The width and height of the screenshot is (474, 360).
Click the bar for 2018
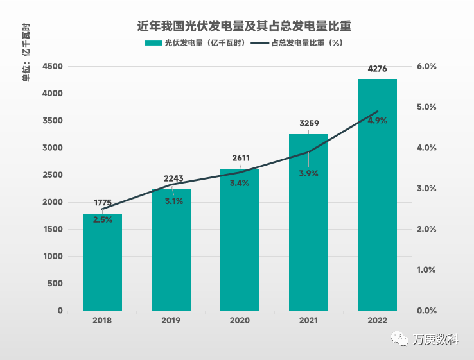tap(102, 262)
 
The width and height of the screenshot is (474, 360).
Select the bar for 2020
tap(240, 240)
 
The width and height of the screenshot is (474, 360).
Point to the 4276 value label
tap(377, 69)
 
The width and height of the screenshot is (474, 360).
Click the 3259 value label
tap(309, 123)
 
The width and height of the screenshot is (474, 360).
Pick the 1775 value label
tap(103, 203)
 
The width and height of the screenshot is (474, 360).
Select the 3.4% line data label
tap(240, 184)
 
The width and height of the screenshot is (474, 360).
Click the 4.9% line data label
tap(377, 121)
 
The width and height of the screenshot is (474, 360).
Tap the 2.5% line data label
tap(103, 219)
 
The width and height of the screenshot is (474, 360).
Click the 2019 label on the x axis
tap(171, 320)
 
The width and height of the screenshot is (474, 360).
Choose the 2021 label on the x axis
tap(308, 320)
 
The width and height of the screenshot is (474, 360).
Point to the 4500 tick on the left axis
tap(53, 67)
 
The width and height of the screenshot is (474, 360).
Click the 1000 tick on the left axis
tap(53, 257)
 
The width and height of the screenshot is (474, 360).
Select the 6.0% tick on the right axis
tap(426, 67)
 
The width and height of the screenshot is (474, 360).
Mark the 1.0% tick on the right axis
tap(426, 270)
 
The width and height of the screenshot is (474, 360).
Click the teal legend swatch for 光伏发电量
tap(154, 44)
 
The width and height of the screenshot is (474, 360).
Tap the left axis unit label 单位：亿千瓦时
tap(26, 58)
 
